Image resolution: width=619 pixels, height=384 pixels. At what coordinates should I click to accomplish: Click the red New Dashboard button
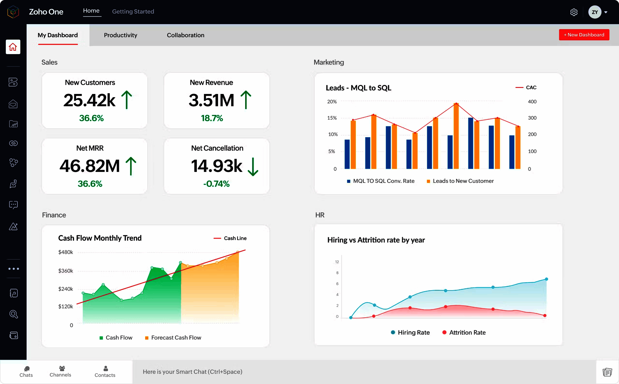584,35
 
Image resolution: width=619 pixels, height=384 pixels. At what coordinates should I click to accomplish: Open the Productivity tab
120,35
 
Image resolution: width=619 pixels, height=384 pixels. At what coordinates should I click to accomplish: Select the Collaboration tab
185,35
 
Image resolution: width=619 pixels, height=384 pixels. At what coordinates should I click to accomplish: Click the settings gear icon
574,12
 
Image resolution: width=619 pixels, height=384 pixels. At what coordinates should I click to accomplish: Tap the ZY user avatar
594,12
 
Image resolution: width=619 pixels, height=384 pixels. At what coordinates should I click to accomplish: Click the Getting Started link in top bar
133,11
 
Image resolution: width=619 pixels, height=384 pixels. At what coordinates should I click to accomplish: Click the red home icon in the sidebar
13,47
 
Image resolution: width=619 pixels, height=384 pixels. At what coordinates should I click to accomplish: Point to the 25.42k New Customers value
89,100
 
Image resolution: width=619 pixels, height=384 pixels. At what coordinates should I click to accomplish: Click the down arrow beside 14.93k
253,167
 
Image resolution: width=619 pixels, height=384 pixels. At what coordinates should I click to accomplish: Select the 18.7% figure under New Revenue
212,118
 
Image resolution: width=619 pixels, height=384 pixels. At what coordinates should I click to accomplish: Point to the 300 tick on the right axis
532,118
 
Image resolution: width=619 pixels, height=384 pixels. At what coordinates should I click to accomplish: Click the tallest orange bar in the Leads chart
456,136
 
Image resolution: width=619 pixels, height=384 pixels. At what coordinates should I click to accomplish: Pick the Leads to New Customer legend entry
460,181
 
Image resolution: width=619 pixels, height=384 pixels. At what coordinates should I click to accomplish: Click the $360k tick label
66,271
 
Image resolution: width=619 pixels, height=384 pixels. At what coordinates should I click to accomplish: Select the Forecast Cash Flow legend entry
173,338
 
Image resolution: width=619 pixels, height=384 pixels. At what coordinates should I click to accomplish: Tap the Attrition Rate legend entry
464,333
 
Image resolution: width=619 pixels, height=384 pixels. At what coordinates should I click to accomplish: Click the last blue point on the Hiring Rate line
546,279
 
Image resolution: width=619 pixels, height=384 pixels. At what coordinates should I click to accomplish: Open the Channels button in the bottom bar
60,371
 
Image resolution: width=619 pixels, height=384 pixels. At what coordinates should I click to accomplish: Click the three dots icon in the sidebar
14,269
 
